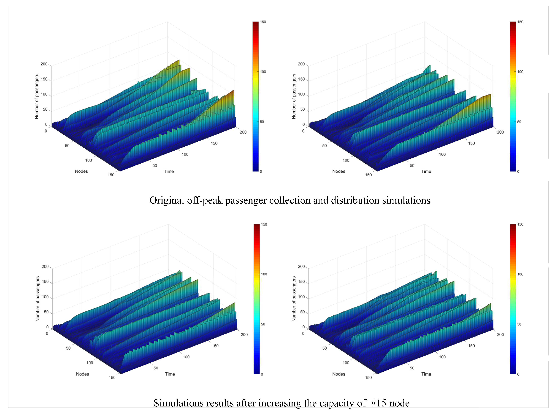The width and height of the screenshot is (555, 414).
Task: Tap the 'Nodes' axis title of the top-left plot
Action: [x=81, y=171]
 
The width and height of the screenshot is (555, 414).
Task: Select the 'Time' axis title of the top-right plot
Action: [x=426, y=171]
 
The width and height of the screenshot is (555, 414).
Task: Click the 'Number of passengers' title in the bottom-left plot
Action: [x=38, y=299]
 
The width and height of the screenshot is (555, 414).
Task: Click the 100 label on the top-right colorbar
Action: [x=520, y=72]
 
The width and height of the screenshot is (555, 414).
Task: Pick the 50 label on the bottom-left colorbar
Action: [x=263, y=324]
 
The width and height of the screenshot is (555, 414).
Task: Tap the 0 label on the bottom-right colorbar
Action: [x=518, y=374]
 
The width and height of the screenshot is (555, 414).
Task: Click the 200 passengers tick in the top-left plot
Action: [x=44, y=64]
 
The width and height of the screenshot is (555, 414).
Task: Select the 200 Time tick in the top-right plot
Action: [x=500, y=132]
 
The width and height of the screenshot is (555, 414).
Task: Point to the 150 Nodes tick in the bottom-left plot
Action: [x=112, y=377]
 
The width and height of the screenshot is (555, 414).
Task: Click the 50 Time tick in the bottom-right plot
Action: [x=412, y=368]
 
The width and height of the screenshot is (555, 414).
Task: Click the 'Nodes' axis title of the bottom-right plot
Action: [x=339, y=374]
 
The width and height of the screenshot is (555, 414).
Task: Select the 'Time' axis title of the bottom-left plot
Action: [x=170, y=374]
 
